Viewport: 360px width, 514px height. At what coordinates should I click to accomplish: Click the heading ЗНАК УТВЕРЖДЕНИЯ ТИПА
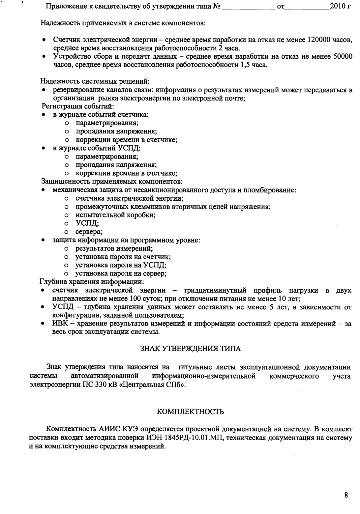(x=191, y=349)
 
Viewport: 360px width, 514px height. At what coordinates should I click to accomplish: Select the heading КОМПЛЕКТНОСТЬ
(x=191, y=412)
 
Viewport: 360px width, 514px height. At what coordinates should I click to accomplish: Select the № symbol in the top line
(x=217, y=6)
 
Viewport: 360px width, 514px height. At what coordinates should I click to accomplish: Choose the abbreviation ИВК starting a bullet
(x=59, y=324)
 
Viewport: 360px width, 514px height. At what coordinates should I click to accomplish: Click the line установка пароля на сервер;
(x=121, y=273)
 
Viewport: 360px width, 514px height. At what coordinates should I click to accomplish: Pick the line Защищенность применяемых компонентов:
(x=112, y=181)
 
